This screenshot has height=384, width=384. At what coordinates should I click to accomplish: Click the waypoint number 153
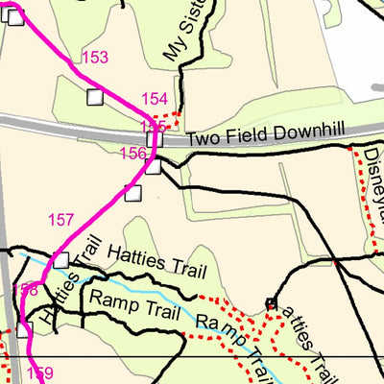pyautogui.click(x=95, y=59)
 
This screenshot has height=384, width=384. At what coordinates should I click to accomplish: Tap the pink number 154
pyautogui.click(x=155, y=99)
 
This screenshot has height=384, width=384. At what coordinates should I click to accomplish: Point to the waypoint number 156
pyautogui.click(x=132, y=154)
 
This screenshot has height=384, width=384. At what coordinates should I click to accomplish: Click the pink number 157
pyautogui.click(x=60, y=221)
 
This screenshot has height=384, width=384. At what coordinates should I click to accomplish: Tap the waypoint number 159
pyautogui.click(x=40, y=373)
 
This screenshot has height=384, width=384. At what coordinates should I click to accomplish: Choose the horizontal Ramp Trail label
pyautogui.click(x=129, y=300)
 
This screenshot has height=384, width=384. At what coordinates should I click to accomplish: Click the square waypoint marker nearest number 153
pyautogui.click(x=94, y=96)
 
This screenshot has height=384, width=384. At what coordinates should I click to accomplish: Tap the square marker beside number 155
pyautogui.click(x=155, y=139)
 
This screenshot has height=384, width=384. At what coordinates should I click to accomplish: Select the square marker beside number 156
pyautogui.click(x=154, y=167)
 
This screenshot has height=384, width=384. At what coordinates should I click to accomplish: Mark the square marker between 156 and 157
pyautogui.click(x=132, y=193)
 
